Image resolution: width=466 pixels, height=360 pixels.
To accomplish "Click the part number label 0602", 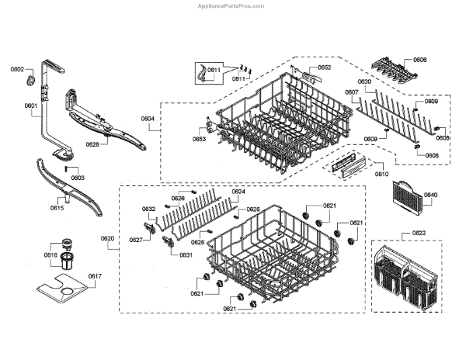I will coord(17,70).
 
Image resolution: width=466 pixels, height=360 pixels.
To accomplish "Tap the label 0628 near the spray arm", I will coord(92,145).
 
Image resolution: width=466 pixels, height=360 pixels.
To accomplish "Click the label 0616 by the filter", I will coord(50,254).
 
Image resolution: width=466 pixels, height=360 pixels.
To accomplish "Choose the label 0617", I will coord(95,276).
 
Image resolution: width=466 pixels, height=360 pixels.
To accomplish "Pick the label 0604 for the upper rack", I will coord(148,119).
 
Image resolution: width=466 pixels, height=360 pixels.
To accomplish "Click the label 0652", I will coord(325,67).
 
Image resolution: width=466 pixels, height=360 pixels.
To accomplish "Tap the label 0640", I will coord(431,195).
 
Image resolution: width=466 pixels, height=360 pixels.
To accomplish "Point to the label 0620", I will coord(107,238).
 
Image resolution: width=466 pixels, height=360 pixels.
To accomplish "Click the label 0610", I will coord(381,174).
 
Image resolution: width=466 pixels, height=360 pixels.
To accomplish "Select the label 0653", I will coord(200,140).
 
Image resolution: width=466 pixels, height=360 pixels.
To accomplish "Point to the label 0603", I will coord(78,178).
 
